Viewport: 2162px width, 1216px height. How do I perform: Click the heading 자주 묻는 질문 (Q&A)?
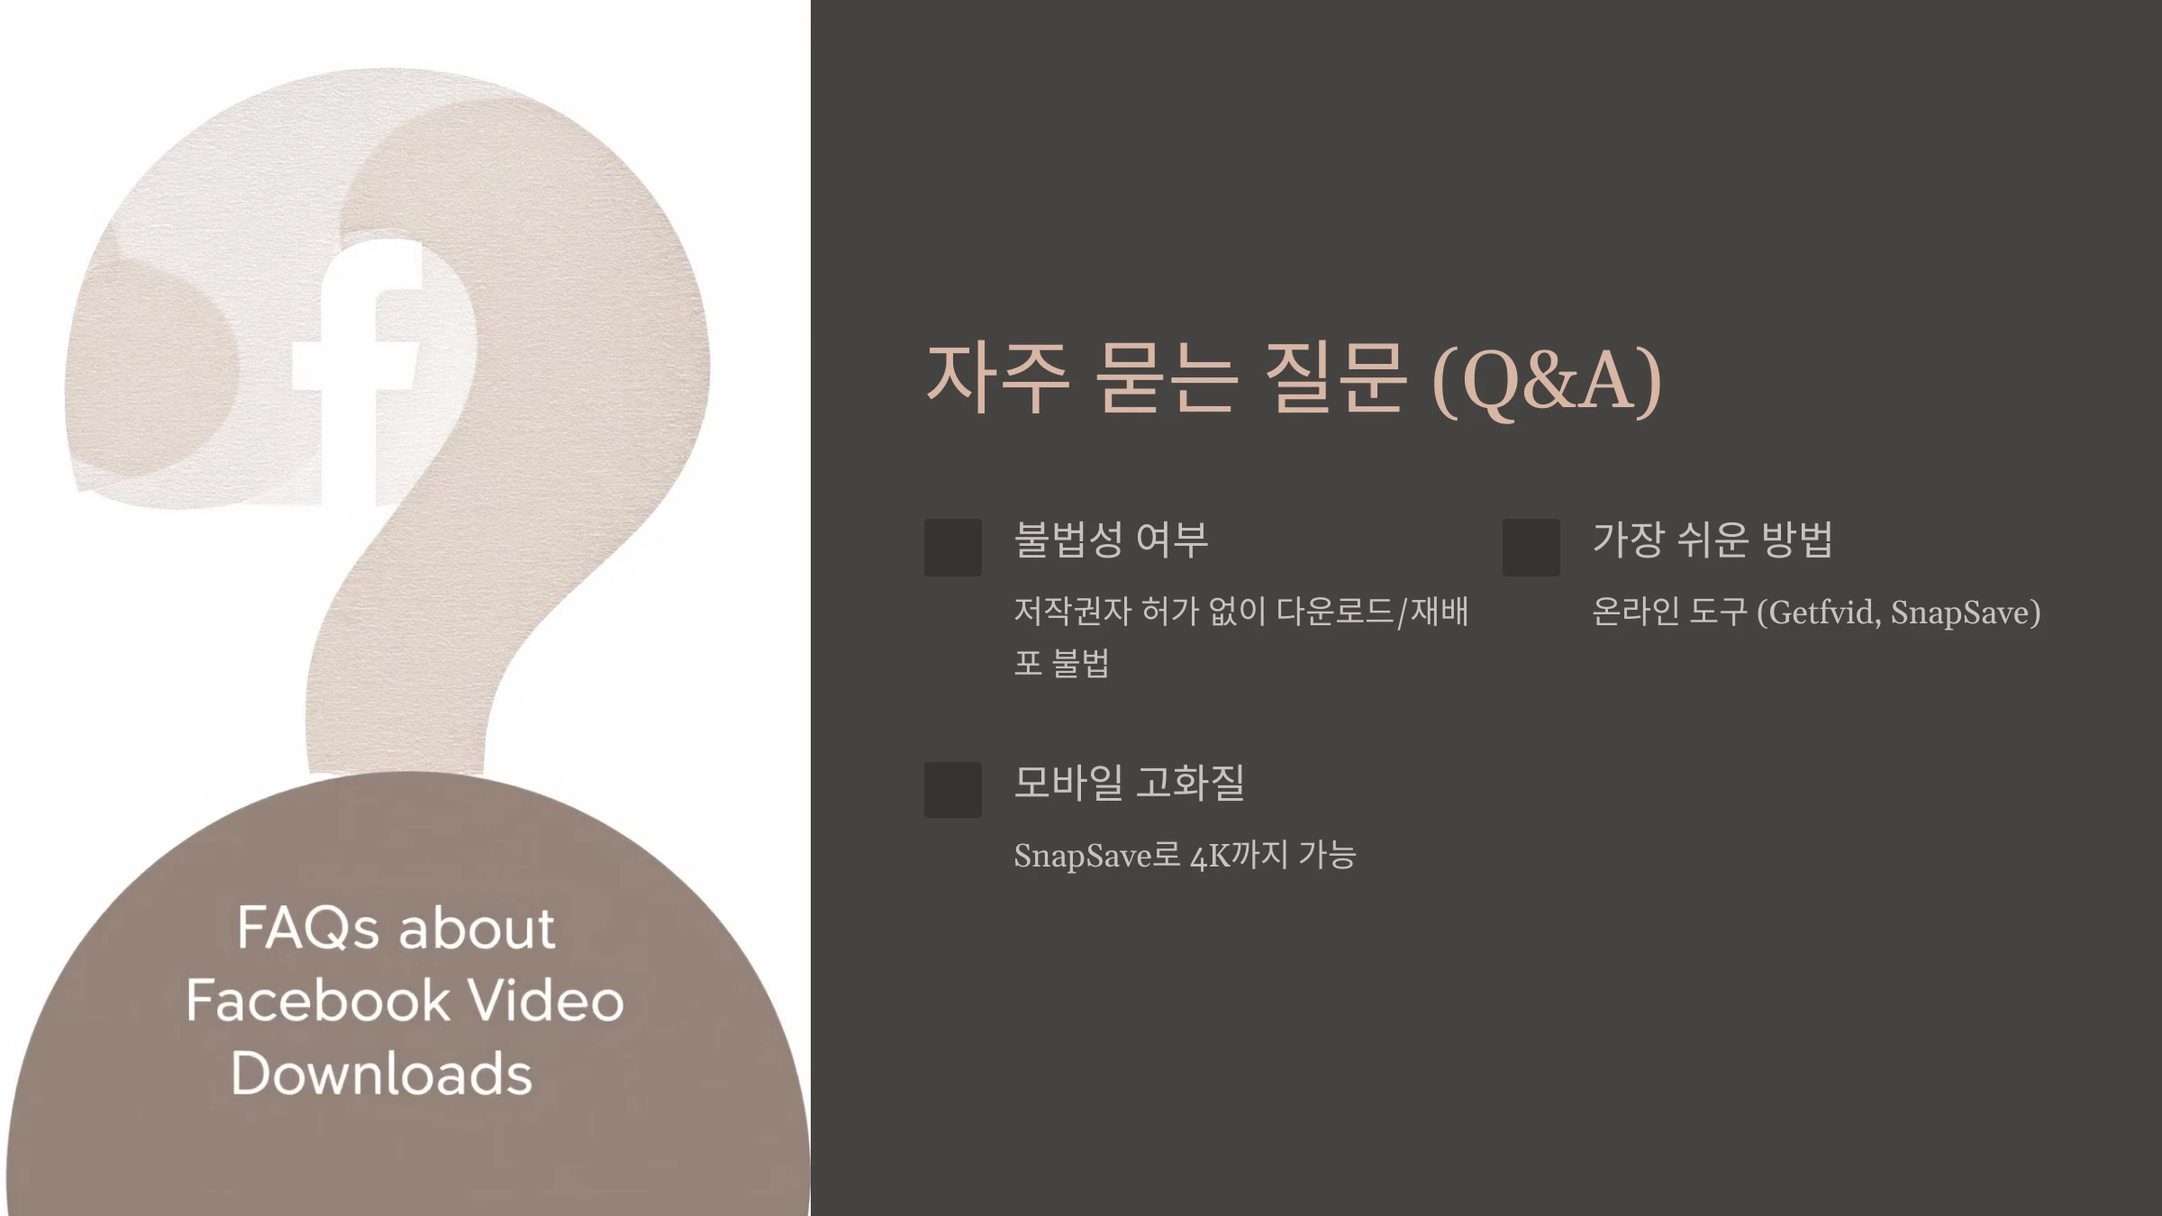pos(1294,379)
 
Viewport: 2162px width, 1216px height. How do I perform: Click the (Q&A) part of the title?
pos(1547,381)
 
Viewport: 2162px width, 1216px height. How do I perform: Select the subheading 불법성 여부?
pos(1111,540)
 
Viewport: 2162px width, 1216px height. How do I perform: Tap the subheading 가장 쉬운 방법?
pos(1712,540)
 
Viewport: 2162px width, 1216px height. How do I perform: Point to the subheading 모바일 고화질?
pos(1129,782)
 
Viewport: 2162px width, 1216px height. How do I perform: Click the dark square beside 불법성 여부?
pos(953,547)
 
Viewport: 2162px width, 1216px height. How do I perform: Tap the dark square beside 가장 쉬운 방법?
pos(1531,547)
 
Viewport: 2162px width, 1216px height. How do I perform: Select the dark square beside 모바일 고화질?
pos(953,790)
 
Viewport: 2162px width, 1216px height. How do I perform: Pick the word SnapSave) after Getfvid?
pos(1965,613)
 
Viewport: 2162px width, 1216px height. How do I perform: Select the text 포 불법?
pos(1061,663)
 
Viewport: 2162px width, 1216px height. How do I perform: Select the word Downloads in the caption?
pos(382,1074)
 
